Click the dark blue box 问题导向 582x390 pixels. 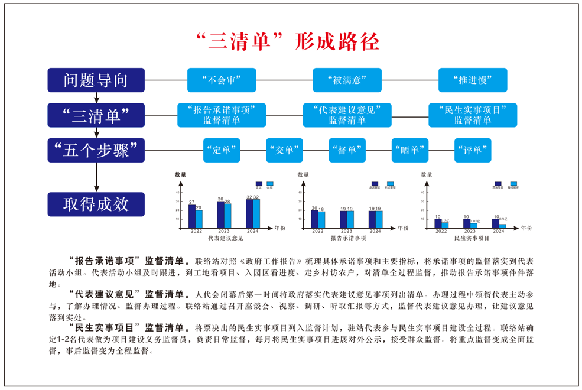(96, 80)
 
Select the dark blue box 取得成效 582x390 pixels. (96, 204)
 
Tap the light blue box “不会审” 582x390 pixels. (222, 80)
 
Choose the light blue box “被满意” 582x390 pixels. (347, 80)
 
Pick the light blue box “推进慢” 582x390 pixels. (473, 80)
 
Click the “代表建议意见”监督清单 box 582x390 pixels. (347, 115)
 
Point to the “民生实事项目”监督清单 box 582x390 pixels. (473, 115)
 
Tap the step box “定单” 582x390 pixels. (222, 150)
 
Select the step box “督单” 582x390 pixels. (347, 150)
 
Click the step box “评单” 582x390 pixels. (473, 150)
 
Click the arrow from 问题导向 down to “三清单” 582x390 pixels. (97, 97)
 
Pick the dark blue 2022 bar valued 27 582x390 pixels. (192, 216)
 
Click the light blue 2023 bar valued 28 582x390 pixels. (227, 216)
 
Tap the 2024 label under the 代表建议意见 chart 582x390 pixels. (253, 231)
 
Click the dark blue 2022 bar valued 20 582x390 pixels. (314, 219)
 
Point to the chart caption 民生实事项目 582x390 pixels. (472, 238)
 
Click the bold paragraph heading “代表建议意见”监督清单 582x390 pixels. (128, 294)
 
